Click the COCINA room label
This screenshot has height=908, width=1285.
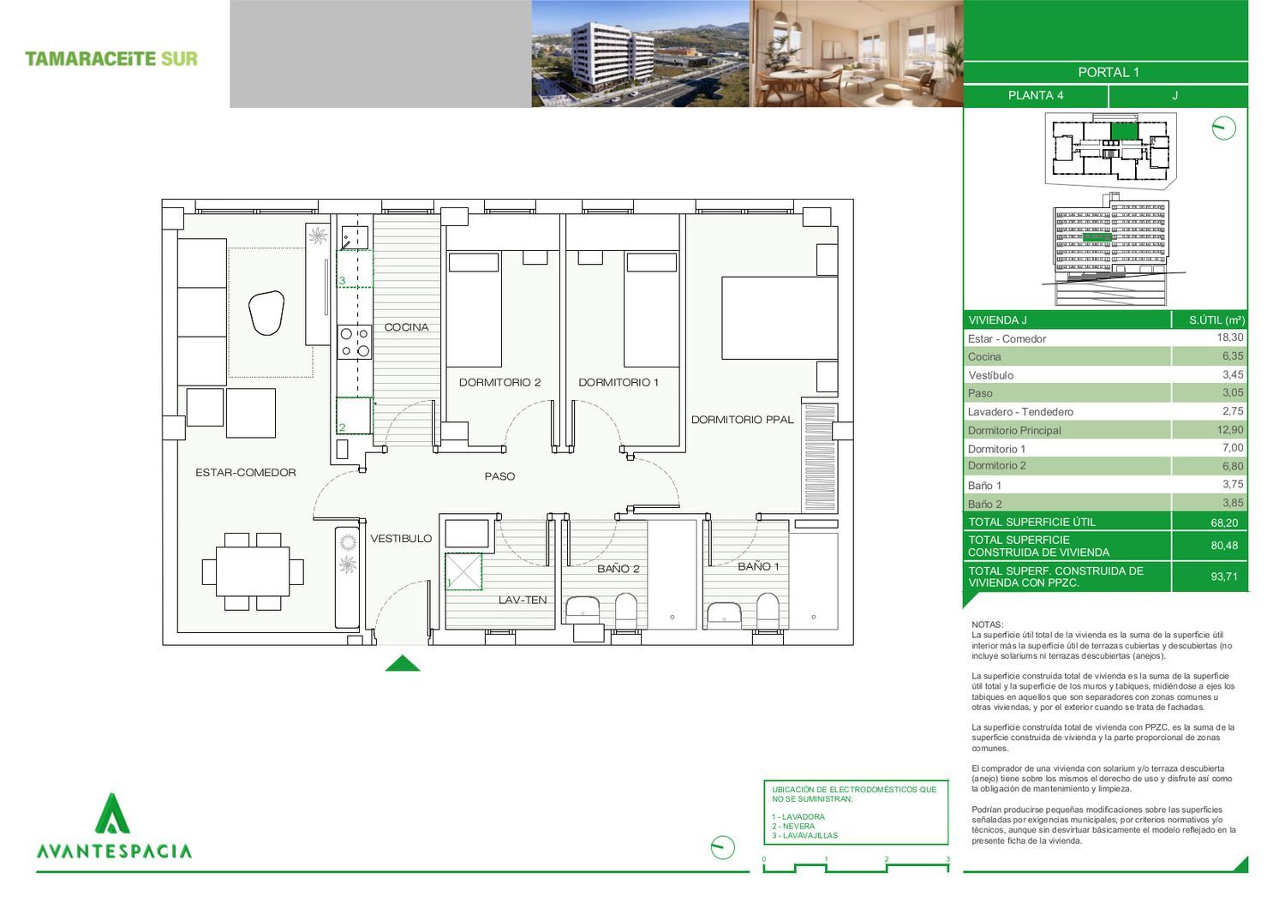pyautogui.click(x=406, y=327)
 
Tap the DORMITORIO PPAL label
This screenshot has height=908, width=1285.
pyautogui.click(x=743, y=420)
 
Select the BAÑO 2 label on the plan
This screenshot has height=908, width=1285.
pyautogui.click(x=618, y=569)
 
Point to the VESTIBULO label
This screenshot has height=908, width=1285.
pyautogui.click(x=401, y=538)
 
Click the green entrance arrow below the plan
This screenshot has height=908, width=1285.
pyautogui.click(x=402, y=663)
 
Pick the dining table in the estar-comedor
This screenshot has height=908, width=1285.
pyautogui.click(x=253, y=571)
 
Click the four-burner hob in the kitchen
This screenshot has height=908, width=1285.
pyautogui.click(x=355, y=343)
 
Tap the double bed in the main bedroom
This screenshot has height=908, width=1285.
pyautogui.click(x=780, y=319)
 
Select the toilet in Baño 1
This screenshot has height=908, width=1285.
pyautogui.click(x=768, y=612)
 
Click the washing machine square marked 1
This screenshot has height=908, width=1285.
pyautogui.click(x=463, y=571)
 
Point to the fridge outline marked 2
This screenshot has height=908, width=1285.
pyautogui.click(x=355, y=415)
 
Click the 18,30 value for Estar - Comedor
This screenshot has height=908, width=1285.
pyautogui.click(x=1230, y=338)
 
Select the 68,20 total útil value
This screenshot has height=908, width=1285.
pyautogui.click(x=1224, y=523)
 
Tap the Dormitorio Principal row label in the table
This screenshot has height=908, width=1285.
pyautogui.click(x=1014, y=430)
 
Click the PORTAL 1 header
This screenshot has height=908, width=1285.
pyautogui.click(x=1109, y=72)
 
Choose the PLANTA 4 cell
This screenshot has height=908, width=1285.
pyautogui.click(x=1036, y=95)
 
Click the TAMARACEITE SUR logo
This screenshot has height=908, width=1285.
pyautogui.click(x=111, y=58)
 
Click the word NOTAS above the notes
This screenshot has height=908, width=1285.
pyautogui.click(x=987, y=624)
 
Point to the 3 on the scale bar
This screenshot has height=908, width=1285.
pyautogui.click(x=947, y=859)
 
